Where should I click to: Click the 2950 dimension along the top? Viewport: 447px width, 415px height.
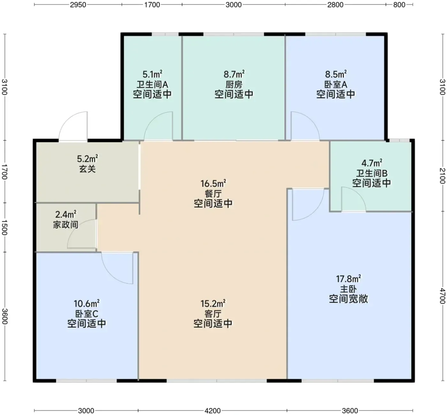[x=78, y=5]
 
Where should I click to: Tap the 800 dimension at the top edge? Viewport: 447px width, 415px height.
[x=399, y=5]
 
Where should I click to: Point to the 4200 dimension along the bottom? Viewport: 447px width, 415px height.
[x=212, y=411]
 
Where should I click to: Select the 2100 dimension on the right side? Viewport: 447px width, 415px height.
[x=442, y=176]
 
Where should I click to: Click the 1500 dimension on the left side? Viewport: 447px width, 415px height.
[x=4, y=228]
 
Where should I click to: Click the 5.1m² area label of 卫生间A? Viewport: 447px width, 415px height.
[x=152, y=74]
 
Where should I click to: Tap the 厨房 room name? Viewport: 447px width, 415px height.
[x=234, y=85]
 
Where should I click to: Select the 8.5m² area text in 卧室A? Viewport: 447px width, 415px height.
[x=336, y=74]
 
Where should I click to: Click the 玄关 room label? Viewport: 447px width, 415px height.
[x=87, y=169]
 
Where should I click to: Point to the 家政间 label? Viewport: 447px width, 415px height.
[x=65, y=225]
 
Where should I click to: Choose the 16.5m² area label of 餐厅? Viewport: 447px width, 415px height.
[x=213, y=184]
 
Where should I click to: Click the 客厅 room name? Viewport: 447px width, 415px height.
[x=213, y=314]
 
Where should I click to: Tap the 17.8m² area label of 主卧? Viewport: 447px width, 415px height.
[x=348, y=279]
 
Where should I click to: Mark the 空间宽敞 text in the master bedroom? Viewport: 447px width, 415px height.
[x=348, y=299]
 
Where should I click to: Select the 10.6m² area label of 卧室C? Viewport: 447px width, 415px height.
[x=87, y=304]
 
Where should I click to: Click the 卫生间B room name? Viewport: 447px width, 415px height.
[x=372, y=173]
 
